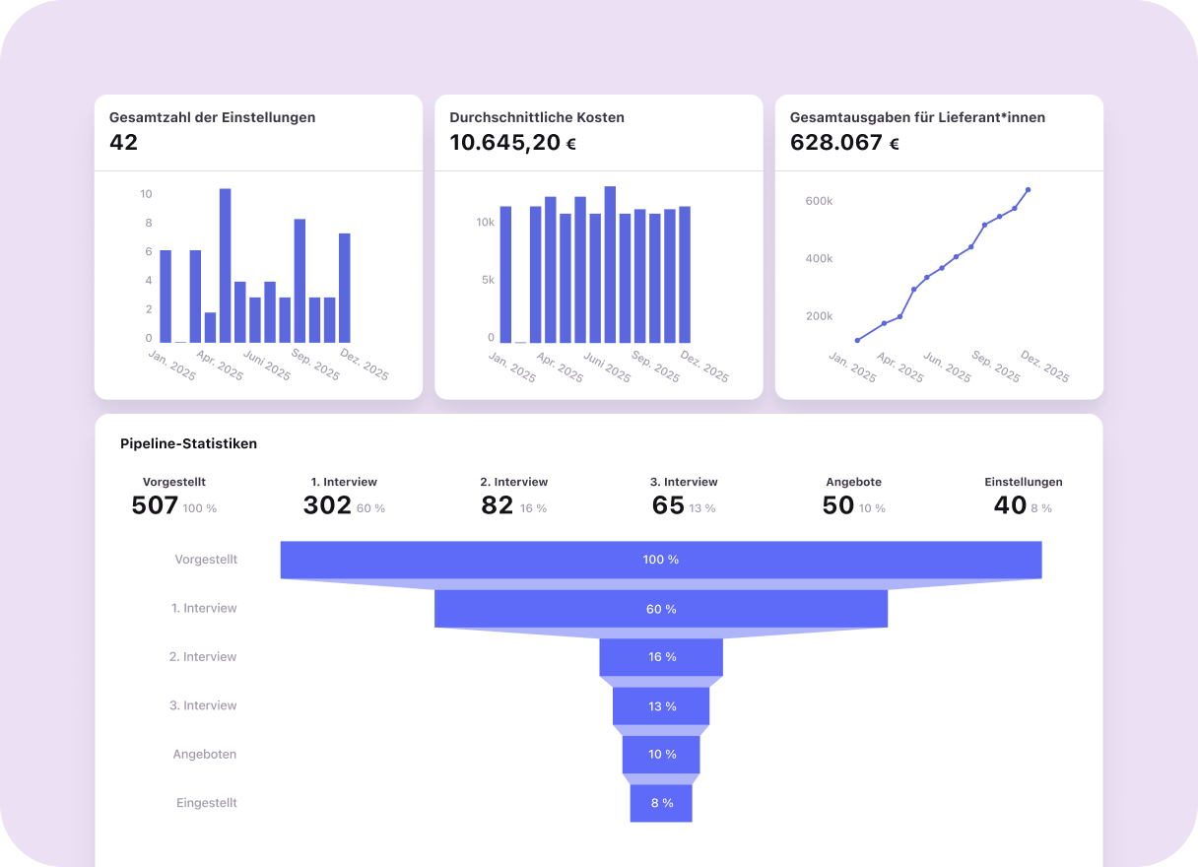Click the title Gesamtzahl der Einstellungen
(212, 117)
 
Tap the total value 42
(124, 143)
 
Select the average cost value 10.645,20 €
(512, 143)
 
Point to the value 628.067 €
(844, 143)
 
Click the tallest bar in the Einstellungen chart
(225, 265)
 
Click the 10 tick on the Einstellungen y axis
(146, 194)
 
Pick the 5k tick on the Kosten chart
(488, 280)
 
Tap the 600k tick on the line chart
(819, 201)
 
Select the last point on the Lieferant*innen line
(1028, 189)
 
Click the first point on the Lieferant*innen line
(857, 341)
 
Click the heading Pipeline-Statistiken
(188, 443)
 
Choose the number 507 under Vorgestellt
(155, 506)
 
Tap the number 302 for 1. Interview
(327, 506)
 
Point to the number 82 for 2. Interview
(498, 506)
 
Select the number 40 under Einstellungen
(1010, 506)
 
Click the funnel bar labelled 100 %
(661, 560)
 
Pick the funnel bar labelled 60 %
(661, 609)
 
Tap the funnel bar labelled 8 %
(661, 803)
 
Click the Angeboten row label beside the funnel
(205, 754)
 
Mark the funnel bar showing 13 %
(661, 706)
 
